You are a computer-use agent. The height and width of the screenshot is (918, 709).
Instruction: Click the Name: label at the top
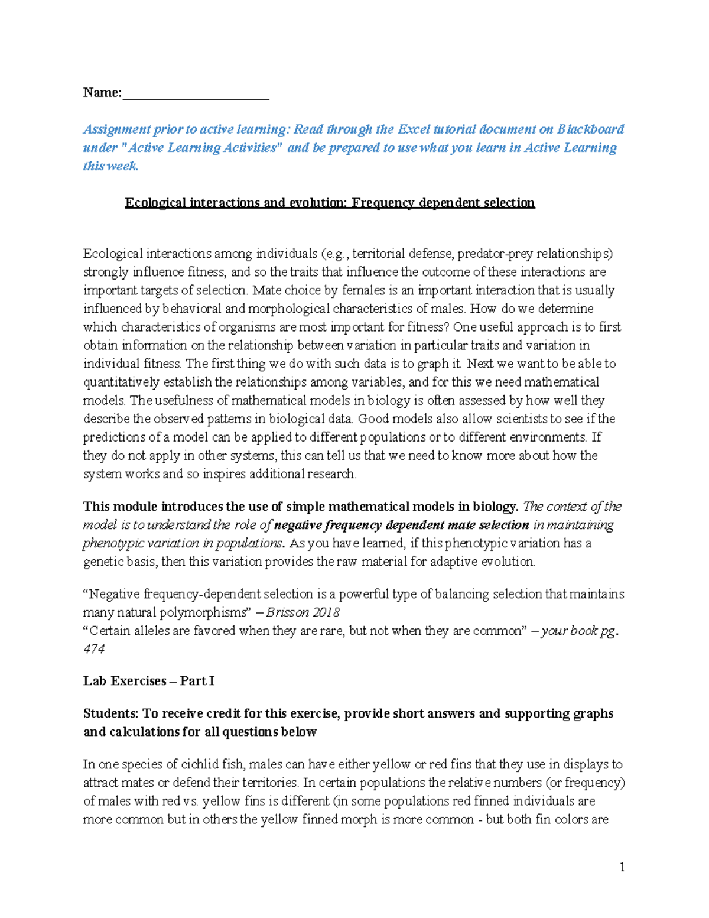tap(102, 92)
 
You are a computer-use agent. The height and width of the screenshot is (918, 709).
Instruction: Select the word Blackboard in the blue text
tap(590, 129)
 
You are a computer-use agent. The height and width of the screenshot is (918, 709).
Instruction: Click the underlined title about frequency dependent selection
tap(330, 203)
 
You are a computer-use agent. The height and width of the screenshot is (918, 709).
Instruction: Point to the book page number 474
tap(93, 648)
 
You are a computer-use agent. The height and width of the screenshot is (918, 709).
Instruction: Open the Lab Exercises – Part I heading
tap(148, 681)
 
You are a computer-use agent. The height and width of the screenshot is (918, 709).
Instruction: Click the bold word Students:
tap(110, 713)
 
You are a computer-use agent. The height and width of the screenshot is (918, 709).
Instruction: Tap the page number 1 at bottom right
tap(622, 867)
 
